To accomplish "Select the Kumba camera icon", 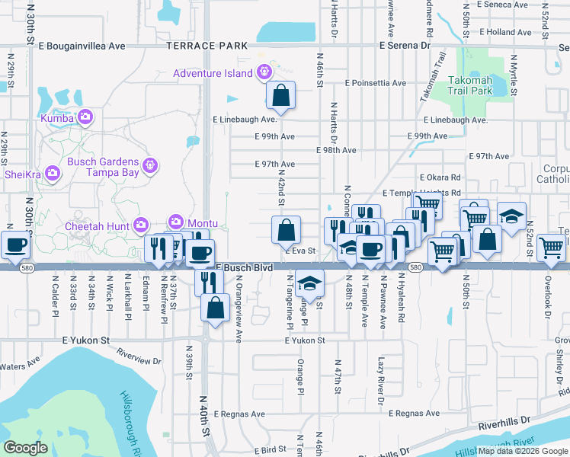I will pyautogui.click(x=85, y=117).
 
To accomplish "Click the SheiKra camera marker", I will pyautogui.click(x=52, y=174).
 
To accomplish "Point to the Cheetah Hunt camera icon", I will pyautogui.click(x=140, y=224).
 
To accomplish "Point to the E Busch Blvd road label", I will pyautogui.click(x=245, y=269).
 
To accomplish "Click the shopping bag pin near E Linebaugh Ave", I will pyautogui.click(x=281, y=95).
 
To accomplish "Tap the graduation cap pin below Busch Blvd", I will pyautogui.click(x=309, y=284).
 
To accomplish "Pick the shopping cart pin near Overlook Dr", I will pyautogui.click(x=551, y=247).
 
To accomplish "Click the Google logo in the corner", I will pyautogui.click(x=26, y=447).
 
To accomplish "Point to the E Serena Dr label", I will pyautogui.click(x=404, y=46).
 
